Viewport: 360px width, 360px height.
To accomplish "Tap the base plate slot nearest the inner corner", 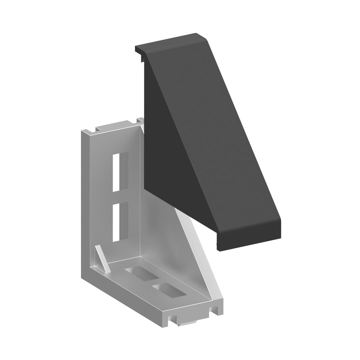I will [140, 274].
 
